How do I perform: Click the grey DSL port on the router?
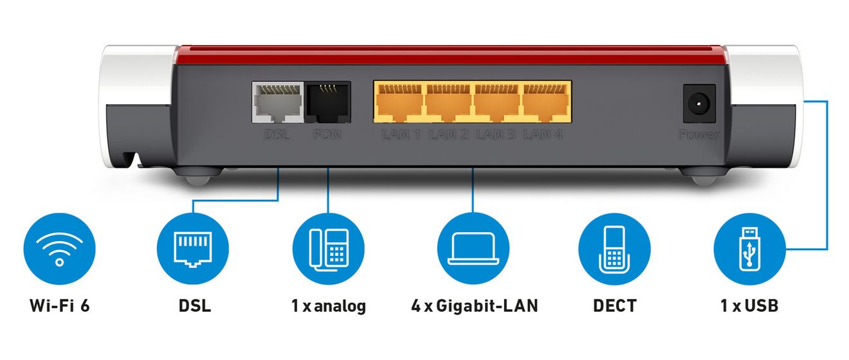(x=278, y=102)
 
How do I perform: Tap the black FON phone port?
(x=328, y=102)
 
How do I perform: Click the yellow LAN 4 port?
(x=546, y=102)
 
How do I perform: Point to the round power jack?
(x=699, y=104)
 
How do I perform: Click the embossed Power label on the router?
(x=699, y=134)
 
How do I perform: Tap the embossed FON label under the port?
(x=327, y=134)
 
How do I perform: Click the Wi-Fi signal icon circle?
(x=60, y=249)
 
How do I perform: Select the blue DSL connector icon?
(x=192, y=249)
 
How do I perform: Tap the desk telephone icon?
(x=328, y=249)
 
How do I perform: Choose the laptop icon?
(x=473, y=249)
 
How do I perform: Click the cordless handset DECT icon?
(x=614, y=249)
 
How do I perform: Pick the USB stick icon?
(x=750, y=249)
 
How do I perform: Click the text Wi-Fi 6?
(x=60, y=305)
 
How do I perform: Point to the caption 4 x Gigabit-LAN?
(x=475, y=305)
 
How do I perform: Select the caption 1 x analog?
(x=329, y=306)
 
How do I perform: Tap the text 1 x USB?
(x=749, y=305)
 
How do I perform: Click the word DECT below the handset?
(x=614, y=305)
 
